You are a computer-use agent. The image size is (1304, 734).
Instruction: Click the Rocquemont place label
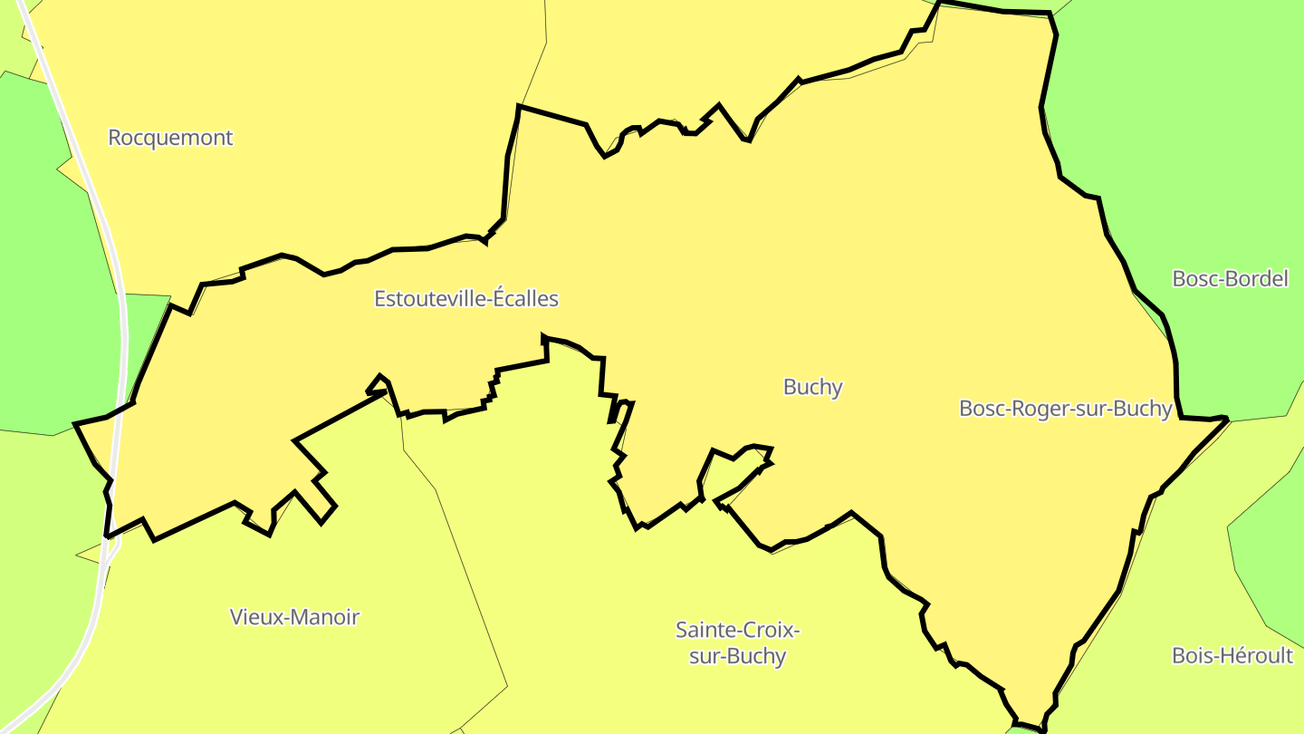point(170,138)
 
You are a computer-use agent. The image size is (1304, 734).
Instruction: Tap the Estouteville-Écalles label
point(466,298)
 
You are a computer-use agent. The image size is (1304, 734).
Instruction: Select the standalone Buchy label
point(812,387)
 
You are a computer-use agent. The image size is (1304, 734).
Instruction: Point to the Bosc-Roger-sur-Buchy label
point(1066,409)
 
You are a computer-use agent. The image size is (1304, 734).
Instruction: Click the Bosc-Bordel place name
point(1230,278)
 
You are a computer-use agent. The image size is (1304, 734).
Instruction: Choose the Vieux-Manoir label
point(294,617)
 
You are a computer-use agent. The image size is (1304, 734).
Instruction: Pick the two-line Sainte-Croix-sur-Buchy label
point(737,642)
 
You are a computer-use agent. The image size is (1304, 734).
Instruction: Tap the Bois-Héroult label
point(1232,655)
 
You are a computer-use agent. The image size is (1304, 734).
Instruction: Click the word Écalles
point(525,298)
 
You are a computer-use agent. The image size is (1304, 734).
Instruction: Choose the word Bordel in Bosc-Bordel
point(1257,278)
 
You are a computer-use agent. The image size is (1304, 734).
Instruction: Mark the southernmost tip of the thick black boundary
point(1043,729)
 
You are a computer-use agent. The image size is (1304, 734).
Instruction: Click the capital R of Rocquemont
point(115,138)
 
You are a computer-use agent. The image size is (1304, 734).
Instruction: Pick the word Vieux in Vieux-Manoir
point(254,617)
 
